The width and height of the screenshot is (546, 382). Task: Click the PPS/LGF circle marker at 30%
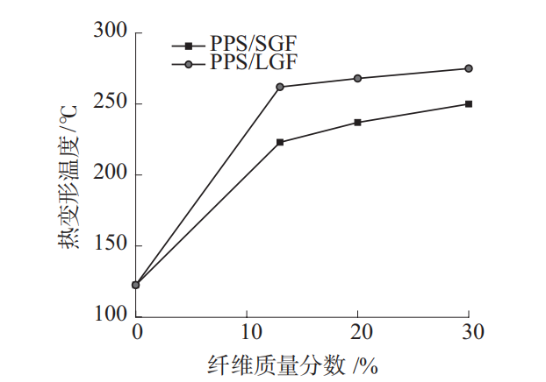point(469,68)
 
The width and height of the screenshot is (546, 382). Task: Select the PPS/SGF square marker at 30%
point(469,103)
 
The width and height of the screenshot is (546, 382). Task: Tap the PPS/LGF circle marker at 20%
point(358,78)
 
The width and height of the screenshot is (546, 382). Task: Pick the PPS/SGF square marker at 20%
point(358,122)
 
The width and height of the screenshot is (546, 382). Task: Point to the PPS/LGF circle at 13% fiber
point(280,87)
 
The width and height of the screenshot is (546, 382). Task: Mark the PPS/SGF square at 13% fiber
point(280,142)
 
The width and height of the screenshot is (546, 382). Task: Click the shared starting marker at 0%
point(136,285)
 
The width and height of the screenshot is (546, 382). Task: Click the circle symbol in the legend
point(188,63)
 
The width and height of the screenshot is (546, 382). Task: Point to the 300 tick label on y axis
point(112,32)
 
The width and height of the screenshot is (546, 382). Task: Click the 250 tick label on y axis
point(112,103)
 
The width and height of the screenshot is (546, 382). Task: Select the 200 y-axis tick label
point(112,174)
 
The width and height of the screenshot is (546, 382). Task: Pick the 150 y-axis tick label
point(112,245)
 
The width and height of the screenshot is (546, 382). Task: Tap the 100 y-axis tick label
point(112,315)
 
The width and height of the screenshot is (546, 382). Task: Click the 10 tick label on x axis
point(247,333)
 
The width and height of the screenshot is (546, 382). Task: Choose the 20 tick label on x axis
point(358,333)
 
